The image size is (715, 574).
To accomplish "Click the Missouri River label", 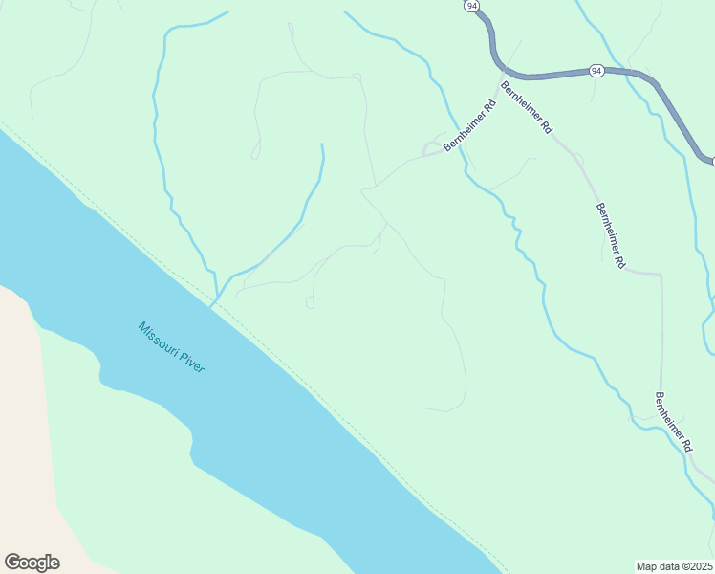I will (x=171, y=347).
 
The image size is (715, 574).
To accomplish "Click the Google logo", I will (x=32, y=563).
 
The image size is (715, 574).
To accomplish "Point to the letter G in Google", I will (x=12, y=562).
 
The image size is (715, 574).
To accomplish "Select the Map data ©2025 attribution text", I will (x=674, y=565).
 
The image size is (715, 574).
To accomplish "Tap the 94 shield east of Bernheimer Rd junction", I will (x=596, y=70).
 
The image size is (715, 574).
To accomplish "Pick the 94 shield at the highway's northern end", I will (x=472, y=6).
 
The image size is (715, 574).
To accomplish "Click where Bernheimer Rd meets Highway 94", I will (x=506, y=74).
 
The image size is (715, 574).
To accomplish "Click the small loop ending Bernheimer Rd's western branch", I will (x=433, y=148).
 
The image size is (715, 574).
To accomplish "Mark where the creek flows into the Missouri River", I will (x=212, y=305).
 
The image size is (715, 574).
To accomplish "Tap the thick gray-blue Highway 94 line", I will (x=554, y=73).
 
